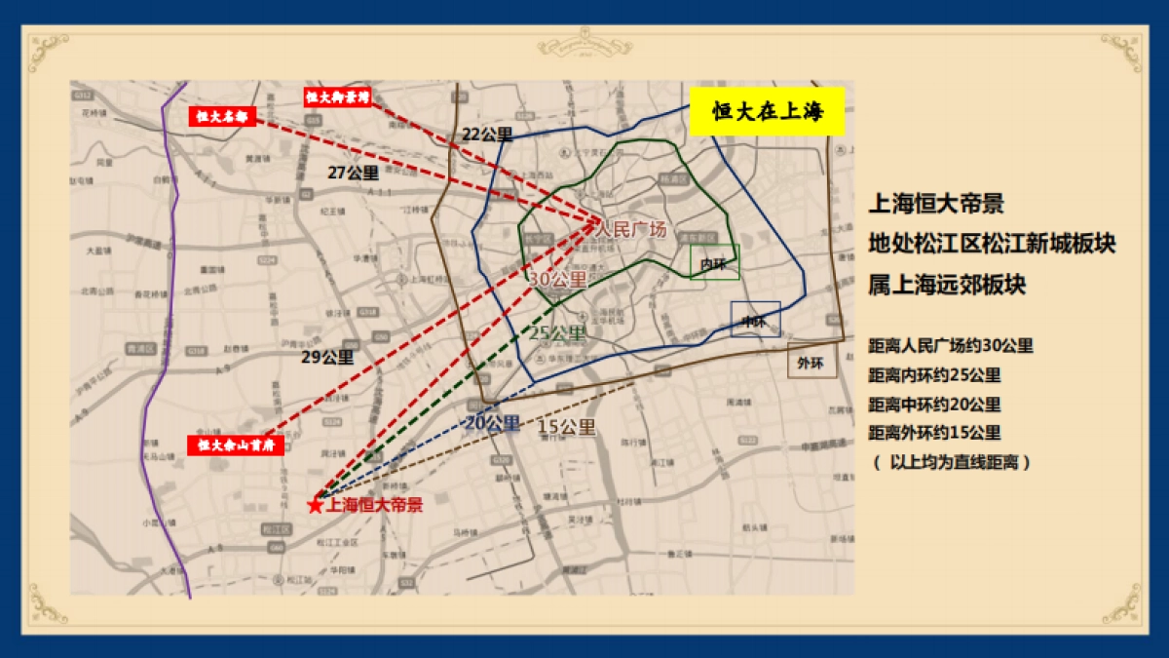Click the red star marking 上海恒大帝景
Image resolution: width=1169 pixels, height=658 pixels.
coord(315,505)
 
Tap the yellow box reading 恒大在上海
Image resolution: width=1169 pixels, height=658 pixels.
coord(767,111)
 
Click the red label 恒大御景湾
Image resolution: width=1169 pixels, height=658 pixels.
coord(336,97)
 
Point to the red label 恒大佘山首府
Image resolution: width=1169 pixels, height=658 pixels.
coord(236,445)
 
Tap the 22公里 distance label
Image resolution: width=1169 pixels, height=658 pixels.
coord(487,135)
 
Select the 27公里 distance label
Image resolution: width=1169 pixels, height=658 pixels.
coord(353,173)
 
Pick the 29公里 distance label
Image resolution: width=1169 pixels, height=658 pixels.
coord(326,357)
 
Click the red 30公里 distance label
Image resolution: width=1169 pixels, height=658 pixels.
coord(557,279)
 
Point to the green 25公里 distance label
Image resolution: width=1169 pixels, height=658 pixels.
coord(558,333)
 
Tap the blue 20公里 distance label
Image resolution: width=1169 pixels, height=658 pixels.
coord(492,424)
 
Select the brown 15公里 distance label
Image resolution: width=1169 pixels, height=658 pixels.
coord(566,426)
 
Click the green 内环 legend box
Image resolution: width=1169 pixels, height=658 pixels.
coord(715,262)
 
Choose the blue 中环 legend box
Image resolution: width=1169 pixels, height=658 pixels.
coord(755,319)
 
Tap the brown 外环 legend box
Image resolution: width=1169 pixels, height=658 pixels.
coord(811,361)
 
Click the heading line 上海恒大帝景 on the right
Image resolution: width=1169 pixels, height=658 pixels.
coord(936,205)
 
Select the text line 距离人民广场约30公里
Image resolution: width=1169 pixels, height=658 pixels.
coord(951,346)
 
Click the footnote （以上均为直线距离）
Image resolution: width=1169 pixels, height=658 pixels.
coord(951,463)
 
